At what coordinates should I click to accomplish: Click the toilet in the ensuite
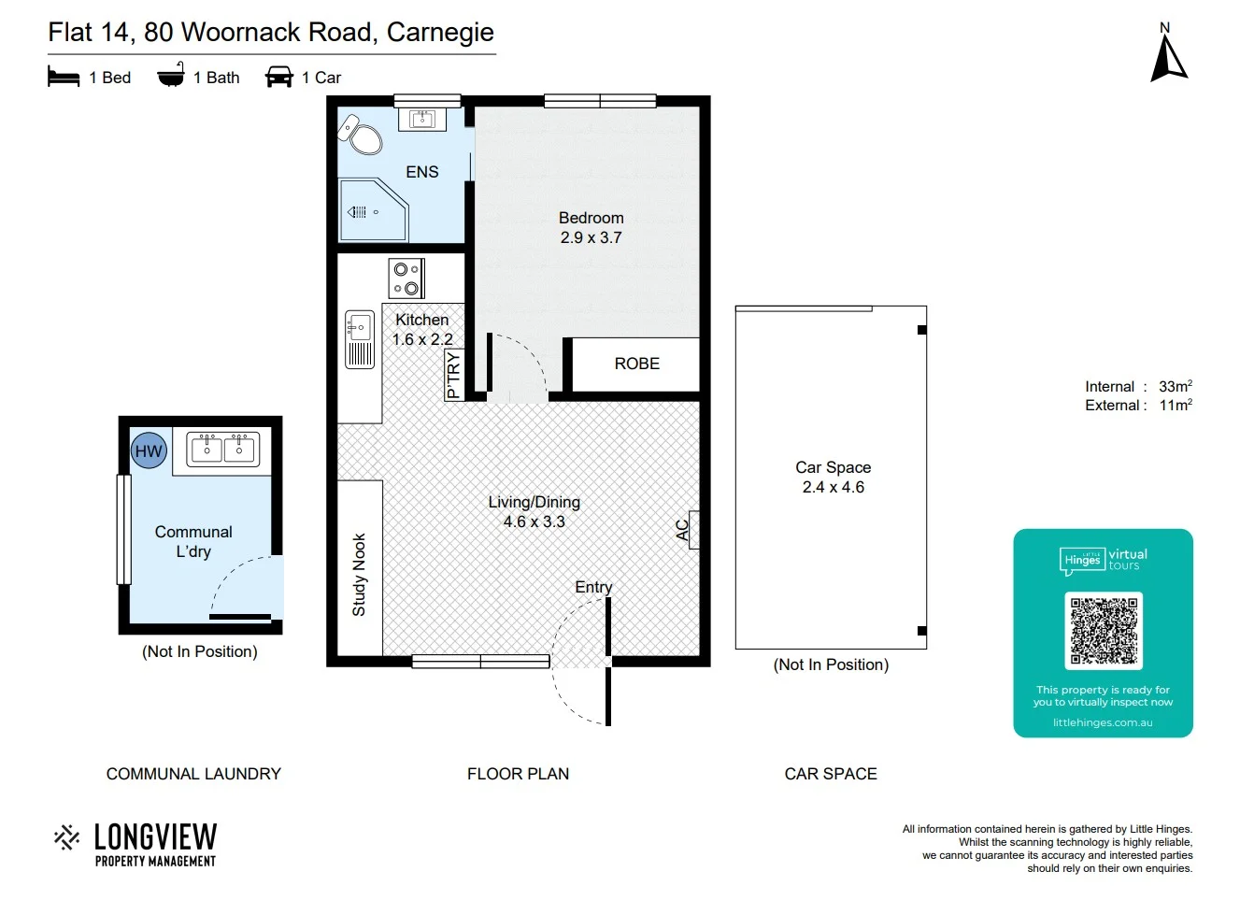pyautogui.click(x=363, y=136)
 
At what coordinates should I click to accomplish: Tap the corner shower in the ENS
pyautogui.click(x=372, y=210)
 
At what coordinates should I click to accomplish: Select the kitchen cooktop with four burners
pyautogui.click(x=406, y=279)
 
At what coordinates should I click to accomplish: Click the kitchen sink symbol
pyautogui.click(x=360, y=339)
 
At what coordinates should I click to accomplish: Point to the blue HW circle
pyautogui.click(x=149, y=451)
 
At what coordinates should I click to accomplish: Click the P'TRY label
pyautogui.click(x=453, y=375)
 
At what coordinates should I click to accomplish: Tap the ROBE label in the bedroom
pyautogui.click(x=636, y=364)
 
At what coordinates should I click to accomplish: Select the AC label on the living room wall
pyautogui.click(x=683, y=530)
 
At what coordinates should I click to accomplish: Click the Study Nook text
pyautogui.click(x=359, y=575)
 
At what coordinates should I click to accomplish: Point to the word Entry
pyautogui.click(x=593, y=587)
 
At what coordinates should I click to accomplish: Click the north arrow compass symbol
pyautogui.click(x=1167, y=58)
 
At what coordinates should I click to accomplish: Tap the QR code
pyautogui.click(x=1103, y=631)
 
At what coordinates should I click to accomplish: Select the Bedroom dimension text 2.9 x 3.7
pyautogui.click(x=591, y=238)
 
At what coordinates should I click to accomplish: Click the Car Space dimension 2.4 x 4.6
pyautogui.click(x=833, y=487)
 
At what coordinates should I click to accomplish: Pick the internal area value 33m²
pyautogui.click(x=1175, y=386)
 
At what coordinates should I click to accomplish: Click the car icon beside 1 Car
pyautogui.click(x=279, y=77)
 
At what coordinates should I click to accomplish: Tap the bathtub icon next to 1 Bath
pyautogui.click(x=171, y=76)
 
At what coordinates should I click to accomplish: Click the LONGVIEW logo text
pyautogui.click(x=155, y=836)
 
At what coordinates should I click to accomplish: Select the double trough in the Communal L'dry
pyautogui.click(x=222, y=450)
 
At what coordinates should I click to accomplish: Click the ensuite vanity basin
pyautogui.click(x=422, y=119)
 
